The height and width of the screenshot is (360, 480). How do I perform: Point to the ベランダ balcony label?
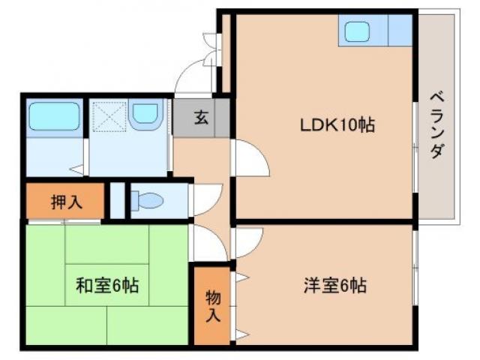point(436,124)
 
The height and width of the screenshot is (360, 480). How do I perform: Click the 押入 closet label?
point(67,201)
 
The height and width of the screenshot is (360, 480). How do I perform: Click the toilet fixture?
point(148,201)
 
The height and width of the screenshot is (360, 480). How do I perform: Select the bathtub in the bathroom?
point(54,117)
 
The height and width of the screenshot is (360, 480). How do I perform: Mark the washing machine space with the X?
point(108,116)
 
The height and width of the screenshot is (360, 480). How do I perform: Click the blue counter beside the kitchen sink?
point(400,31)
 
